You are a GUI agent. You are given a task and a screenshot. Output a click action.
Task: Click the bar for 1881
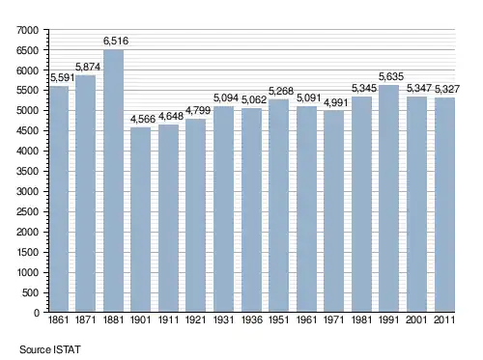[113, 180]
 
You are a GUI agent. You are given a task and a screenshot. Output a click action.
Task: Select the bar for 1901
[140, 220]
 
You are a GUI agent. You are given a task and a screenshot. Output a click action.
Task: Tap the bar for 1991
[388, 199]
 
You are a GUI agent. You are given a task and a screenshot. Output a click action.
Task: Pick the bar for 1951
[278, 206]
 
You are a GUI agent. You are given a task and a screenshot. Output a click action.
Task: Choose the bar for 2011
[444, 205]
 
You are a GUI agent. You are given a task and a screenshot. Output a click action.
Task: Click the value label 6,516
[116, 41]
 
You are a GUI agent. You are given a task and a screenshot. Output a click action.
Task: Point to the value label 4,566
[143, 119]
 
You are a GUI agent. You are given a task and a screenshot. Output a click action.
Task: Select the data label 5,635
[391, 76]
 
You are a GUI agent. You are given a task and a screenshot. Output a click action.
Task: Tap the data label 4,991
[336, 103]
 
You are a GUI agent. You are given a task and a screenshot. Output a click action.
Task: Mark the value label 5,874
[88, 67]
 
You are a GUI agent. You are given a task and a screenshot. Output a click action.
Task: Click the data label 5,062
[254, 100]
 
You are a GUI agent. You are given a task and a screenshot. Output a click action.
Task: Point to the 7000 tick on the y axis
[27, 30]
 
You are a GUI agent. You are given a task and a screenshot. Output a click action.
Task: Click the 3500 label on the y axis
[27, 171]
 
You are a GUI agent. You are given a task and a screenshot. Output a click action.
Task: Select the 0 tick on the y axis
[37, 313]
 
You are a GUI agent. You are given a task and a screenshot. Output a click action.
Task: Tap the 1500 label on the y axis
[27, 252]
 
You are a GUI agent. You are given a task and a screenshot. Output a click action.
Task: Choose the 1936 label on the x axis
[252, 319]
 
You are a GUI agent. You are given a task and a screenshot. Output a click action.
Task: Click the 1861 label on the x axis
[58, 319]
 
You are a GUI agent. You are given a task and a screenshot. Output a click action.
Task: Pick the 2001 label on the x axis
[416, 319]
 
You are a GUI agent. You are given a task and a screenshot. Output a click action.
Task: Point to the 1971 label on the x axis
[334, 319]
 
